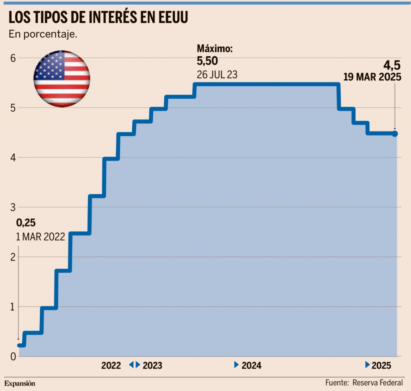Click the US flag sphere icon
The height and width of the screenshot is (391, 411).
coord(61,79)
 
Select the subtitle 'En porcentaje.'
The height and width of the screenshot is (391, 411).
coord(43,34)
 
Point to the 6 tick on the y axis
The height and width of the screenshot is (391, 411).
coord(12,58)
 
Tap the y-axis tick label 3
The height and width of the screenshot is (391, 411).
coord(12,207)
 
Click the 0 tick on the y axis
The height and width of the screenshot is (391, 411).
coord(12,356)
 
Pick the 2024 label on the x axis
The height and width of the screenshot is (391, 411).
coord(252,366)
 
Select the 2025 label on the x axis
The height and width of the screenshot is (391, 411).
coord(382,366)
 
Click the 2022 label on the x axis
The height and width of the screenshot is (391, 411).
coord(111,366)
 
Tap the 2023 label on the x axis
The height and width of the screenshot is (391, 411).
coord(153,366)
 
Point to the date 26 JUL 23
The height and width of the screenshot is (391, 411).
coord(217,75)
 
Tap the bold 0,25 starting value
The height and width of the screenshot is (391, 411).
coord(26,223)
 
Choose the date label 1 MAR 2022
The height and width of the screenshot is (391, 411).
coord(40,237)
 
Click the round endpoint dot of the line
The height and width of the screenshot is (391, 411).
coord(395,134)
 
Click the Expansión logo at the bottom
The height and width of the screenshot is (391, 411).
coord(20,383)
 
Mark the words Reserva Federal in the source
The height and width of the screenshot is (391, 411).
coord(378,383)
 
